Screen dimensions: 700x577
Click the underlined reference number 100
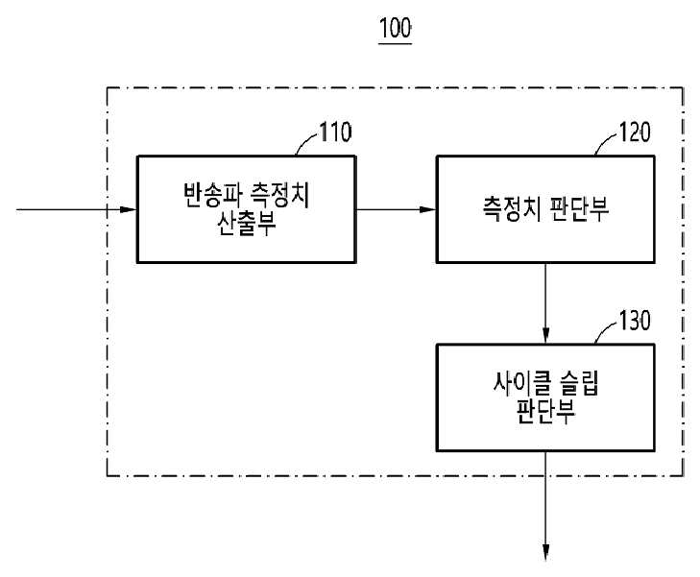395,29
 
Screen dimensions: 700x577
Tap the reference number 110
335,132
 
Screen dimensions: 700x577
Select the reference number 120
635,132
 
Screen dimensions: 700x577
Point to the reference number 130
635,321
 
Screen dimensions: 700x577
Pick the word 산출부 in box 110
247,223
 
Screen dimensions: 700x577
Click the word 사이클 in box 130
518,384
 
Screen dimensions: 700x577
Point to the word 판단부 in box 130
545,411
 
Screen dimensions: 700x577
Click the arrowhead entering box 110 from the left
128,209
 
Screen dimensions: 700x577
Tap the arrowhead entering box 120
427,209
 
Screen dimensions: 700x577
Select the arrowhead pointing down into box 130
545,336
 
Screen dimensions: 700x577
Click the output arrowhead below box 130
545,552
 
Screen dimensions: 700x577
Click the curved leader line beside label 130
606,332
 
